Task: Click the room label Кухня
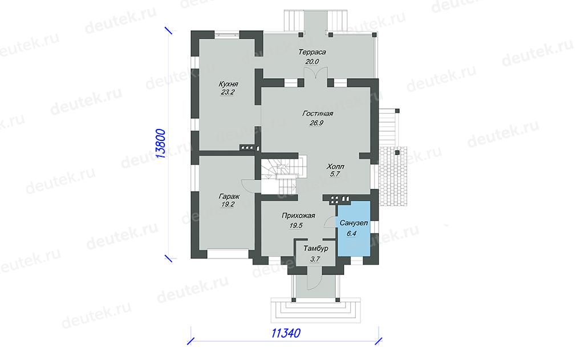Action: click(228, 84)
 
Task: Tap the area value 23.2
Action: click(227, 92)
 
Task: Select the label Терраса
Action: click(312, 52)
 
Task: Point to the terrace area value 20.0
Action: click(312, 62)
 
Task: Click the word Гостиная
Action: click(317, 114)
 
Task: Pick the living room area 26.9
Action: click(316, 123)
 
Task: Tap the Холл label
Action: click(335, 166)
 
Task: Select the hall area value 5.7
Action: click(334, 174)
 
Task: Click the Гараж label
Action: click(229, 196)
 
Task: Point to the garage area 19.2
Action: click(228, 205)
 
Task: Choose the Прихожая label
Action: click(298, 216)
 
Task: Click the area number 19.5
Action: click(296, 225)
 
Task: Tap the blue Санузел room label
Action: click(354, 223)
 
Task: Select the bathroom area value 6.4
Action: click(351, 234)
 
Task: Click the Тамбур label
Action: click(315, 249)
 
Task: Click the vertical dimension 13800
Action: click(160, 143)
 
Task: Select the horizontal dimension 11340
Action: click(286, 333)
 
